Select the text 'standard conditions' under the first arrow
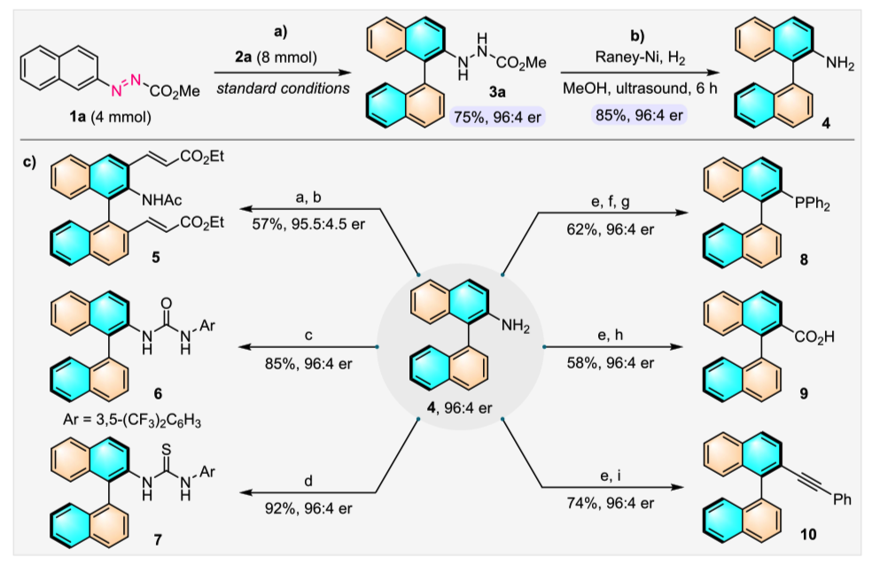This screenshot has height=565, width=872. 278,87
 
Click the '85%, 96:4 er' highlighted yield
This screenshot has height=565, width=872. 630,115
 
